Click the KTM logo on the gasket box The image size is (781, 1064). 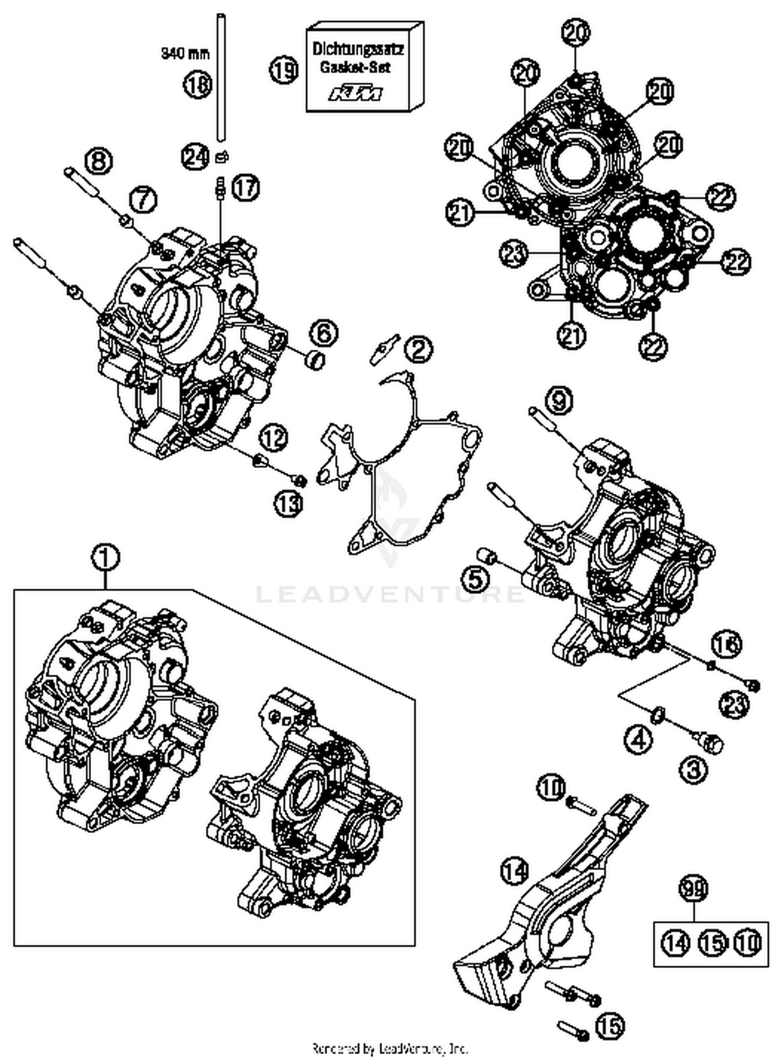(x=356, y=94)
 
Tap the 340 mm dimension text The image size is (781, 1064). (x=185, y=53)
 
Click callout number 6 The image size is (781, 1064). (x=324, y=333)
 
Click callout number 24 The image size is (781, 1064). (x=195, y=157)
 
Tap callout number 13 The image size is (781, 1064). (x=289, y=503)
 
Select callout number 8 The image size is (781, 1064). (x=98, y=161)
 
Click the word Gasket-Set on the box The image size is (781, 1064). (x=355, y=68)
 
